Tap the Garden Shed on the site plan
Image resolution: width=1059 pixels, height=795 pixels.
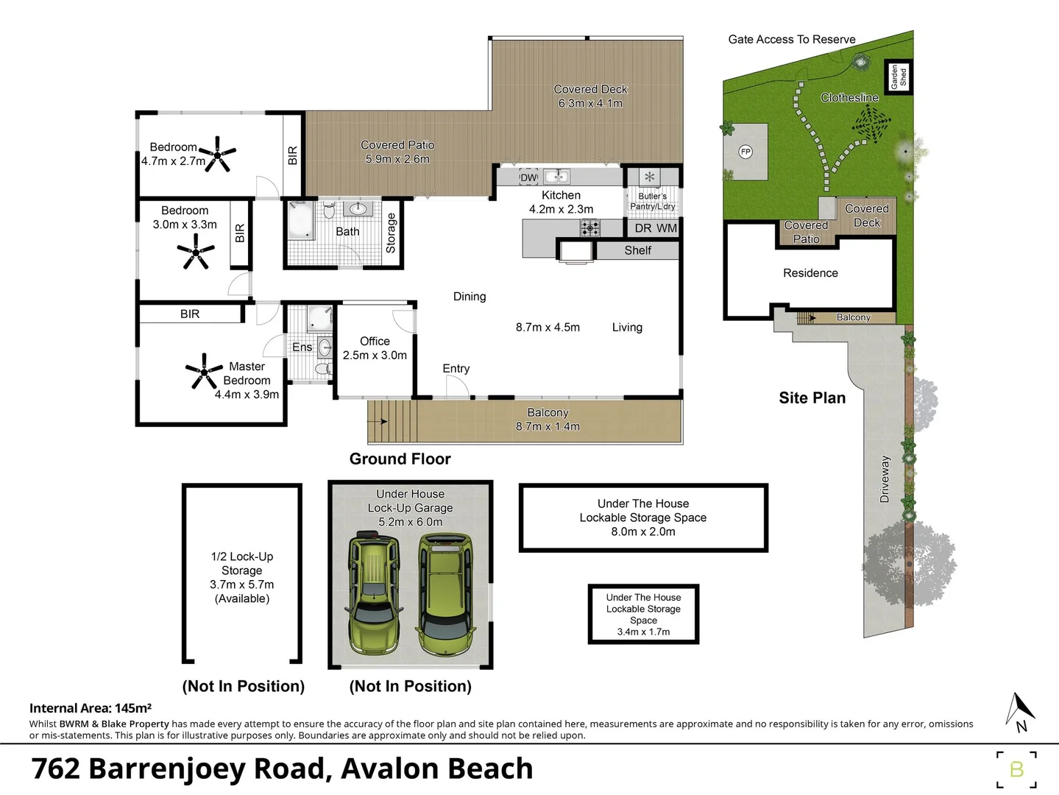899,77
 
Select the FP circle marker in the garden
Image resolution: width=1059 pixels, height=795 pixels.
745,152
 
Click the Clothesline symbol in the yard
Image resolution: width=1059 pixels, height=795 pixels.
872,124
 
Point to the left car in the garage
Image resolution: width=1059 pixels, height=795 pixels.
375,593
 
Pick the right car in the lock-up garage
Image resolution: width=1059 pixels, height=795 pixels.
445,594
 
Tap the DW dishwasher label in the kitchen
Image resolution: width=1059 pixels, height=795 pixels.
528,177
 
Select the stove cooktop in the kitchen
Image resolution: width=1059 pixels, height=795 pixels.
589,228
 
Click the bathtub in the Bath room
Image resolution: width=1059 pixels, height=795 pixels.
300,220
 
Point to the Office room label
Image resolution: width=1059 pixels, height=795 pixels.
375,342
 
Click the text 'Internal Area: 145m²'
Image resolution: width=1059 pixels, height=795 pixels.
91,708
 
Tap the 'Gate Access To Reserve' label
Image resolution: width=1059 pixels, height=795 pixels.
792,40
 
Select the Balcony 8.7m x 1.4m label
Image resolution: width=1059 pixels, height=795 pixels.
548,420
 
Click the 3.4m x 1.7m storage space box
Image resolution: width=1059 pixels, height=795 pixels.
643,615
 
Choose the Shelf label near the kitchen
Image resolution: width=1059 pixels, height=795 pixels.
637,251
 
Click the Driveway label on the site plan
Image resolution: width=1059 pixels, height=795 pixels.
885,479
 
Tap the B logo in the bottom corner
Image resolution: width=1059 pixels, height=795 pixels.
1016,769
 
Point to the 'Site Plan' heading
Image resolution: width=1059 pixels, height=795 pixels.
812,398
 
